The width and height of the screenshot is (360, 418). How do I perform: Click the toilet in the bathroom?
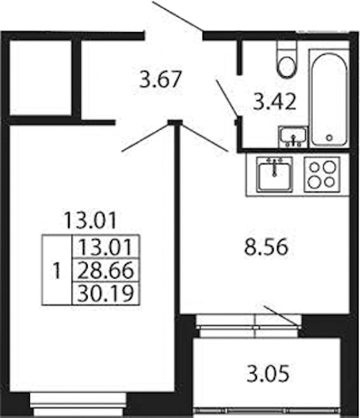(x=286, y=59)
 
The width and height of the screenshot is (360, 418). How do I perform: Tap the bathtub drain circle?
(x=329, y=138)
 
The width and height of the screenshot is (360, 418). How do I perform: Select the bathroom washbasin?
(x=293, y=137)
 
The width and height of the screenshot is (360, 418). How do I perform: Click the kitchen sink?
(x=275, y=175)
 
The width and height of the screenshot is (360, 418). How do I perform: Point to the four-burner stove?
(x=322, y=174)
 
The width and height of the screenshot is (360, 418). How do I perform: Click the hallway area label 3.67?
(x=160, y=79)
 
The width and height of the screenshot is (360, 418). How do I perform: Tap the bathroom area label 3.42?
(x=274, y=102)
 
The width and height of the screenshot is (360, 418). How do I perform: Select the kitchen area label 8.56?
(x=267, y=247)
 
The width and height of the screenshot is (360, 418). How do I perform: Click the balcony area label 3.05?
(x=268, y=373)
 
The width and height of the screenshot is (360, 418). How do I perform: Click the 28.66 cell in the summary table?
(x=106, y=270)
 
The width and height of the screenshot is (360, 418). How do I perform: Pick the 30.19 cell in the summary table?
(x=106, y=293)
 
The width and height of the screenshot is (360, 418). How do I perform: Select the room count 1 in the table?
(x=57, y=270)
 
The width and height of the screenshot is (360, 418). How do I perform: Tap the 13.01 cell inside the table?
(x=106, y=247)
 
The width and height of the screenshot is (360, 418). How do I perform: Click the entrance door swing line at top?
(x=178, y=15)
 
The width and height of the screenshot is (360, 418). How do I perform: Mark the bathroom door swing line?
(x=226, y=98)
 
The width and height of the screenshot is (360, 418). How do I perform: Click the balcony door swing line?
(x=282, y=316)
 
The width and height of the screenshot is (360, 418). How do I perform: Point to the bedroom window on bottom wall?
(x=78, y=404)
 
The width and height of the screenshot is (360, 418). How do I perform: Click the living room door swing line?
(x=146, y=137)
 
